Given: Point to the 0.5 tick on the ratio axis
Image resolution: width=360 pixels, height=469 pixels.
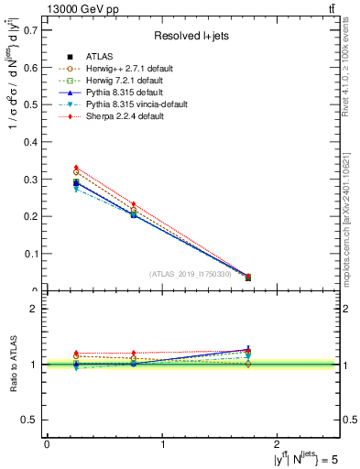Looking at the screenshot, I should (x=34, y=420).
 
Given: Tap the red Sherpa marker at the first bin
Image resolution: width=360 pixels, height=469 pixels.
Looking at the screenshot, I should (x=76, y=168).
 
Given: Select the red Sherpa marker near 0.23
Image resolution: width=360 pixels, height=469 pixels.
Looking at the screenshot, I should (x=134, y=204).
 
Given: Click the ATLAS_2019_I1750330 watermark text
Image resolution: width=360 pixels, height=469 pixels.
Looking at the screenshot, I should (x=191, y=273).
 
